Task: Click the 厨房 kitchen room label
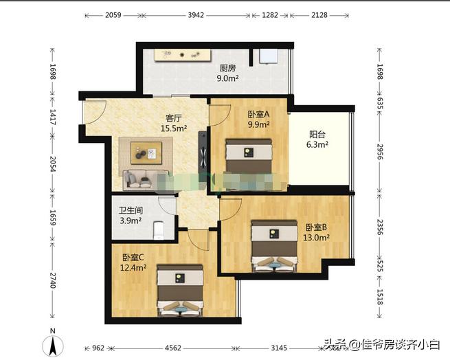(228, 68)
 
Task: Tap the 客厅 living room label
(173, 117)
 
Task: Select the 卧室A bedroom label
(258, 115)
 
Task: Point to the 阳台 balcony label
(317, 135)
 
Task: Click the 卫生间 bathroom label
(131, 211)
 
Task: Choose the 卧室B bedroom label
(316, 227)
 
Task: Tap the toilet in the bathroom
(158, 227)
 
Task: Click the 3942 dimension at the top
(198, 14)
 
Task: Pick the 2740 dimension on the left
(52, 282)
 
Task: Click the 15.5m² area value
(173, 128)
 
